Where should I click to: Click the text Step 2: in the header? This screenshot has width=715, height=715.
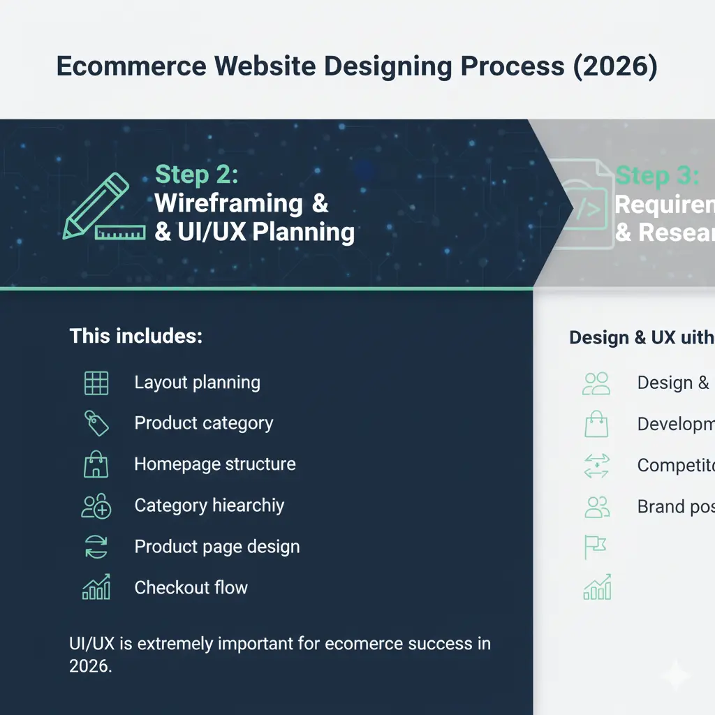point(196,175)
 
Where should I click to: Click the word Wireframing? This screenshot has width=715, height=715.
point(228,204)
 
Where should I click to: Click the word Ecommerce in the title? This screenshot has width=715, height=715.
point(131,66)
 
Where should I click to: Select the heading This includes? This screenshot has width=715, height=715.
point(135,337)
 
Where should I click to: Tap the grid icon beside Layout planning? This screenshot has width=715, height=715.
point(96,383)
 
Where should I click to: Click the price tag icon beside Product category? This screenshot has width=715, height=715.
point(96,423)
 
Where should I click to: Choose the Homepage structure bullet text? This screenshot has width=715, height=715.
point(214,464)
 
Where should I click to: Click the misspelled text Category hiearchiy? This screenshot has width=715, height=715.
point(209,506)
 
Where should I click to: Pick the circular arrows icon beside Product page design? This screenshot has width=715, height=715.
point(96,547)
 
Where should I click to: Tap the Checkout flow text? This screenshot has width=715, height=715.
point(191,588)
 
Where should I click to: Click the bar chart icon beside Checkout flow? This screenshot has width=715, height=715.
point(96,588)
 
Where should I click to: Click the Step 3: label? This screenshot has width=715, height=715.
point(656,176)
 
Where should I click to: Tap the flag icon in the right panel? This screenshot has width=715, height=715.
point(596,547)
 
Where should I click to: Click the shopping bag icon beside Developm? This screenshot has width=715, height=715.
point(596,424)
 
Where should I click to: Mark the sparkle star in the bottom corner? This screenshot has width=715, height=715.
point(676,675)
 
